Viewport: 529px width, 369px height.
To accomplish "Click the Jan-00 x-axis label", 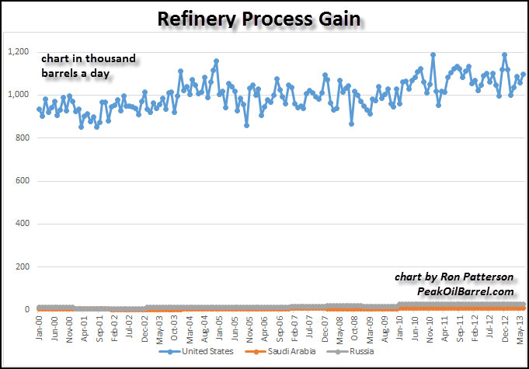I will coord(40,325).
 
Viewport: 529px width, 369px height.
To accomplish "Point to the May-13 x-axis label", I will coord(524,325).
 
